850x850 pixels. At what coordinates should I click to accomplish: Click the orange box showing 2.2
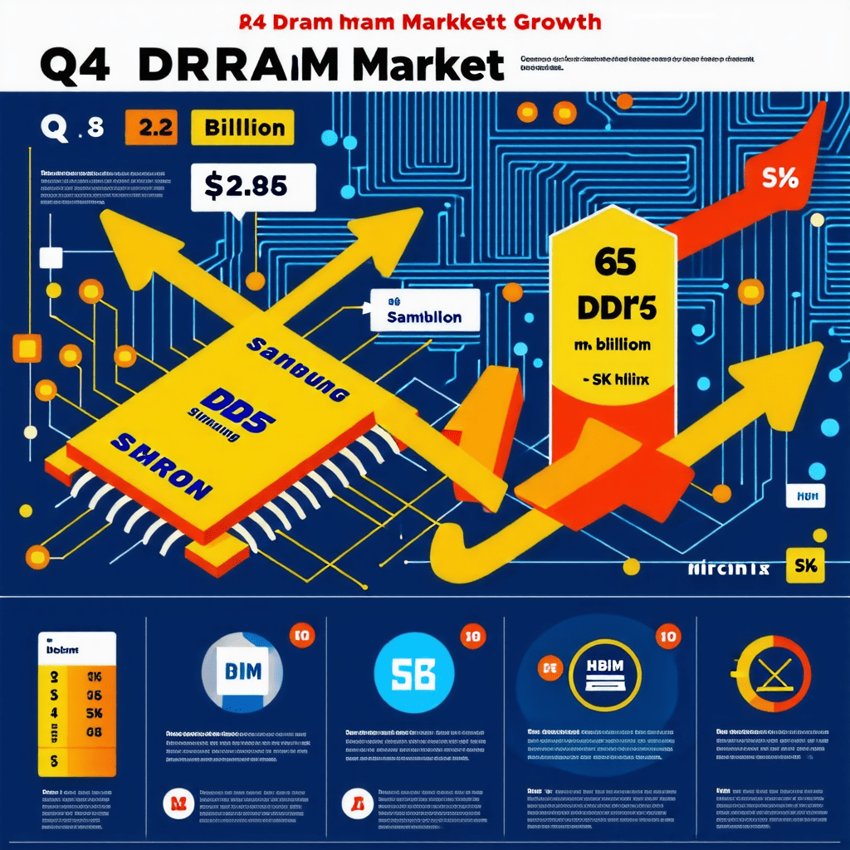tap(151, 129)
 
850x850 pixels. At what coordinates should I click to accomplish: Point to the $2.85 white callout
tap(252, 186)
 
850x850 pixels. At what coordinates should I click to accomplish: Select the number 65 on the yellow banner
tap(615, 263)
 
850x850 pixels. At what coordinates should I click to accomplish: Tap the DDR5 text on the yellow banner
tap(616, 307)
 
